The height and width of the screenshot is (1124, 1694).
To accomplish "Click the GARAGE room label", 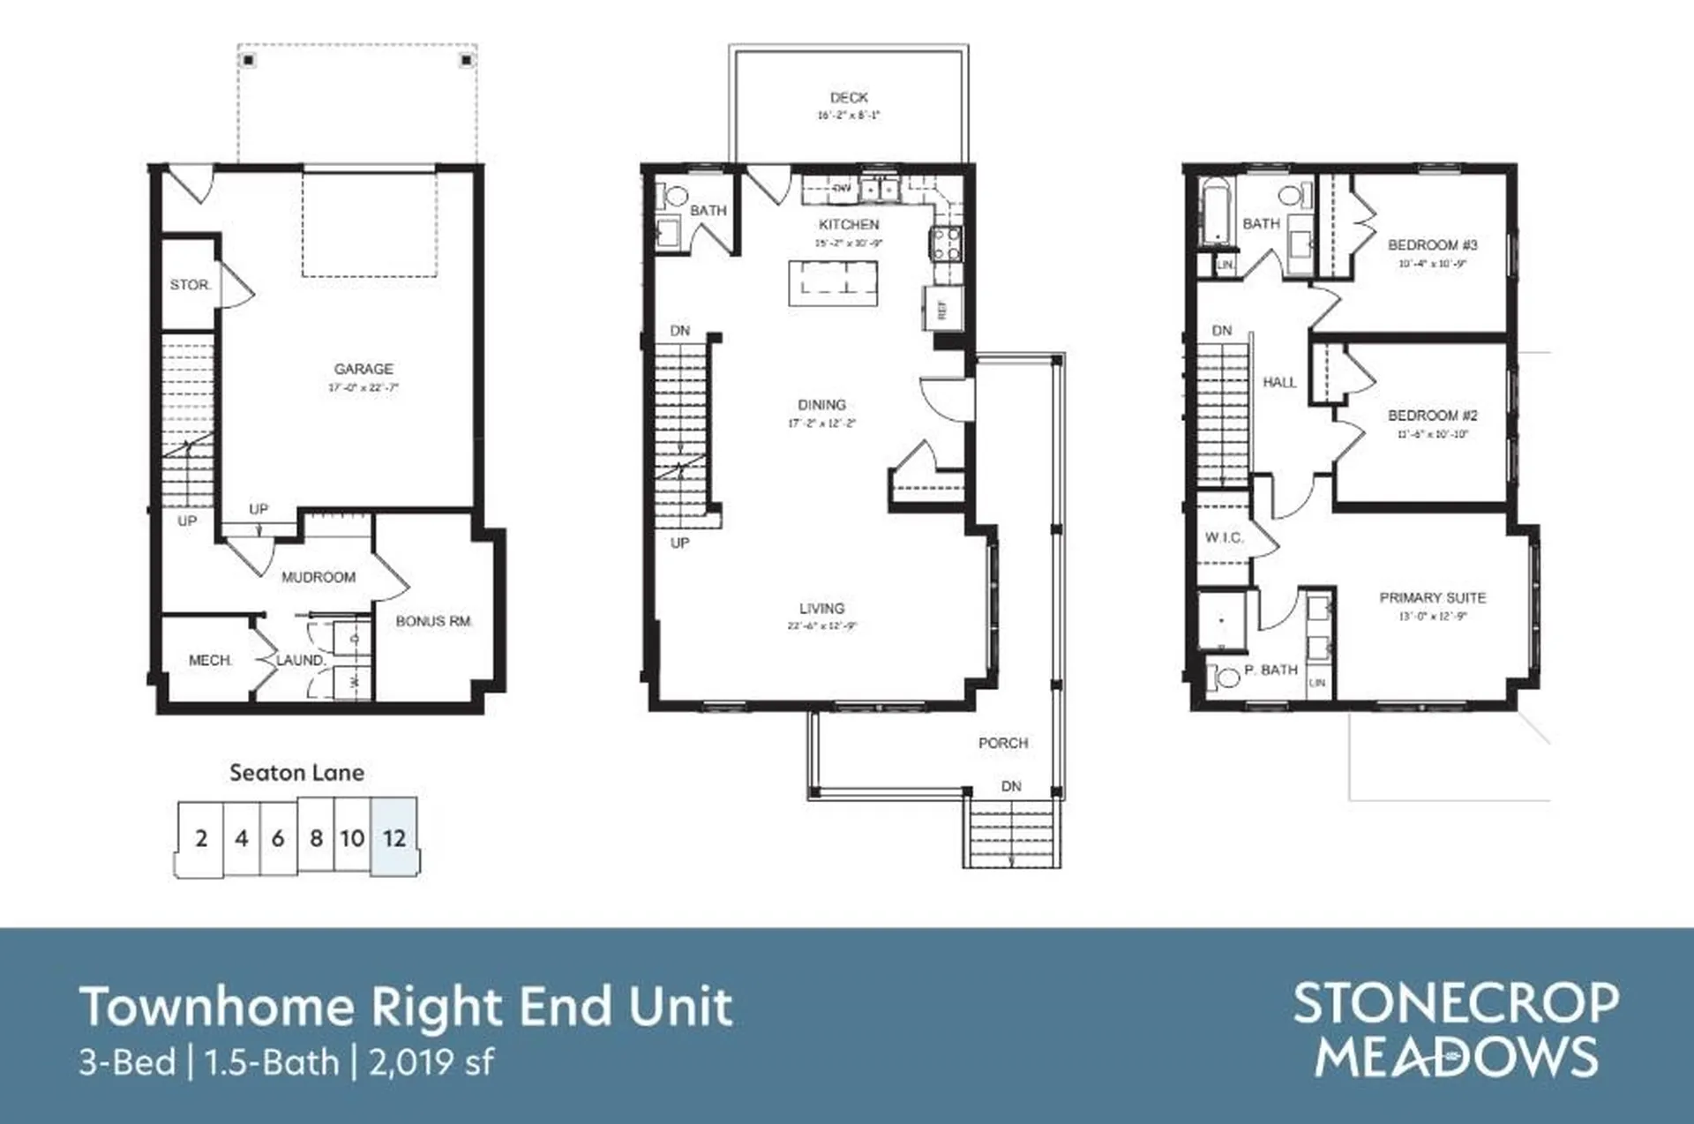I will tap(364, 369).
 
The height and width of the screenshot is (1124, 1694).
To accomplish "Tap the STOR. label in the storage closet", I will tap(191, 285).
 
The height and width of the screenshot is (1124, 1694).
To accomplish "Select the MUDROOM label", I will tap(319, 577).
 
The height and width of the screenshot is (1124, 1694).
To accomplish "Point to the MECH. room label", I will tap(210, 660).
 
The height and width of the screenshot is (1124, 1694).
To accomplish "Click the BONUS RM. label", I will tap(434, 621).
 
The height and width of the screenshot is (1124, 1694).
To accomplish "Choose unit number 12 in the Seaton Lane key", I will tap(394, 838).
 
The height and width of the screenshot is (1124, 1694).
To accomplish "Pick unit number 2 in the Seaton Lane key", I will tap(201, 838).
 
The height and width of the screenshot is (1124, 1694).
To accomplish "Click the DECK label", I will tap(849, 98).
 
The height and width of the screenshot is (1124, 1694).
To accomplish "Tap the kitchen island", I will tap(832, 283).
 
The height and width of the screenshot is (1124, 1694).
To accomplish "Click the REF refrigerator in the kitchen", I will tap(942, 309).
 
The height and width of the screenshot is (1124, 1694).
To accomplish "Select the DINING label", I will tap(821, 405).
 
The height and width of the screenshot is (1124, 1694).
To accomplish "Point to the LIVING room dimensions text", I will tap(821, 626).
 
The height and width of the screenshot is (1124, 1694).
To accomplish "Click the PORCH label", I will tap(1003, 743).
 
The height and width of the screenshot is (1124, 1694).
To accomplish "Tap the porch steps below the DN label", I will tap(1011, 834).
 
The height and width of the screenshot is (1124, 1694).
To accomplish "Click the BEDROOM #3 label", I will tap(1432, 245).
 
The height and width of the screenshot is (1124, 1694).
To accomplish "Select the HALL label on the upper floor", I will tap(1279, 382).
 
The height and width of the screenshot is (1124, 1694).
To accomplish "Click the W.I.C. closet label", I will tap(1224, 537).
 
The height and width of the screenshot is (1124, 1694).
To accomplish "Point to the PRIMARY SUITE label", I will tap(1432, 597).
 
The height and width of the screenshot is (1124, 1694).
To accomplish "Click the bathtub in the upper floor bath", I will tap(1216, 212).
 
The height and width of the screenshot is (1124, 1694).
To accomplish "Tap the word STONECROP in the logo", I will tap(1456, 1004).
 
